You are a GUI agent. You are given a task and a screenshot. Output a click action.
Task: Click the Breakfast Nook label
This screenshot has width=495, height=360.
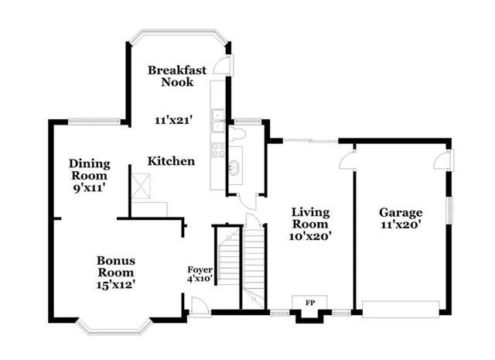tap(177, 76)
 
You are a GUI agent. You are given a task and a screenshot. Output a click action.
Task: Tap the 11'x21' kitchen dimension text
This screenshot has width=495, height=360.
tap(172, 120)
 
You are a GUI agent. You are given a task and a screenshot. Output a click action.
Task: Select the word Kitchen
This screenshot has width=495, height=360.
tap(171, 161)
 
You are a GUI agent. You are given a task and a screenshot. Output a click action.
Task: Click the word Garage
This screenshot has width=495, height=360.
tap(400, 212)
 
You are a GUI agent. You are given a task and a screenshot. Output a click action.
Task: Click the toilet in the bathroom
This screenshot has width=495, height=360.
tap(237, 136)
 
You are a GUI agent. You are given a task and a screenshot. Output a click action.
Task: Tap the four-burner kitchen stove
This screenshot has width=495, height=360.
tap(218, 147)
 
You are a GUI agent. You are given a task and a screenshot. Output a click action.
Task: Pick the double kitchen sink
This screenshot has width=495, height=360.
tap(218, 121)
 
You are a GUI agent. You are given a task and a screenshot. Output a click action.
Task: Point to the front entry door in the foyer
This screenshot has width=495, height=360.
tap(197, 307)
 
